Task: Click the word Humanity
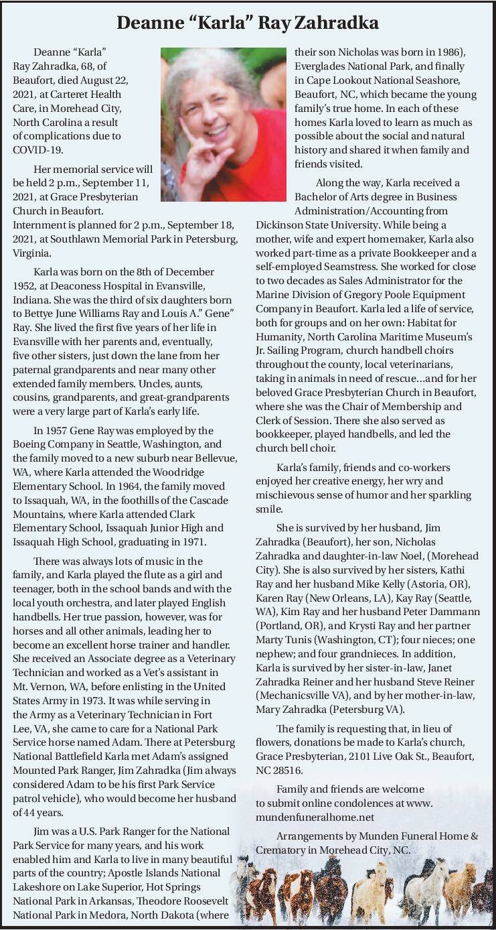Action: (280, 336)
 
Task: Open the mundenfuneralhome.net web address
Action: (315, 817)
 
